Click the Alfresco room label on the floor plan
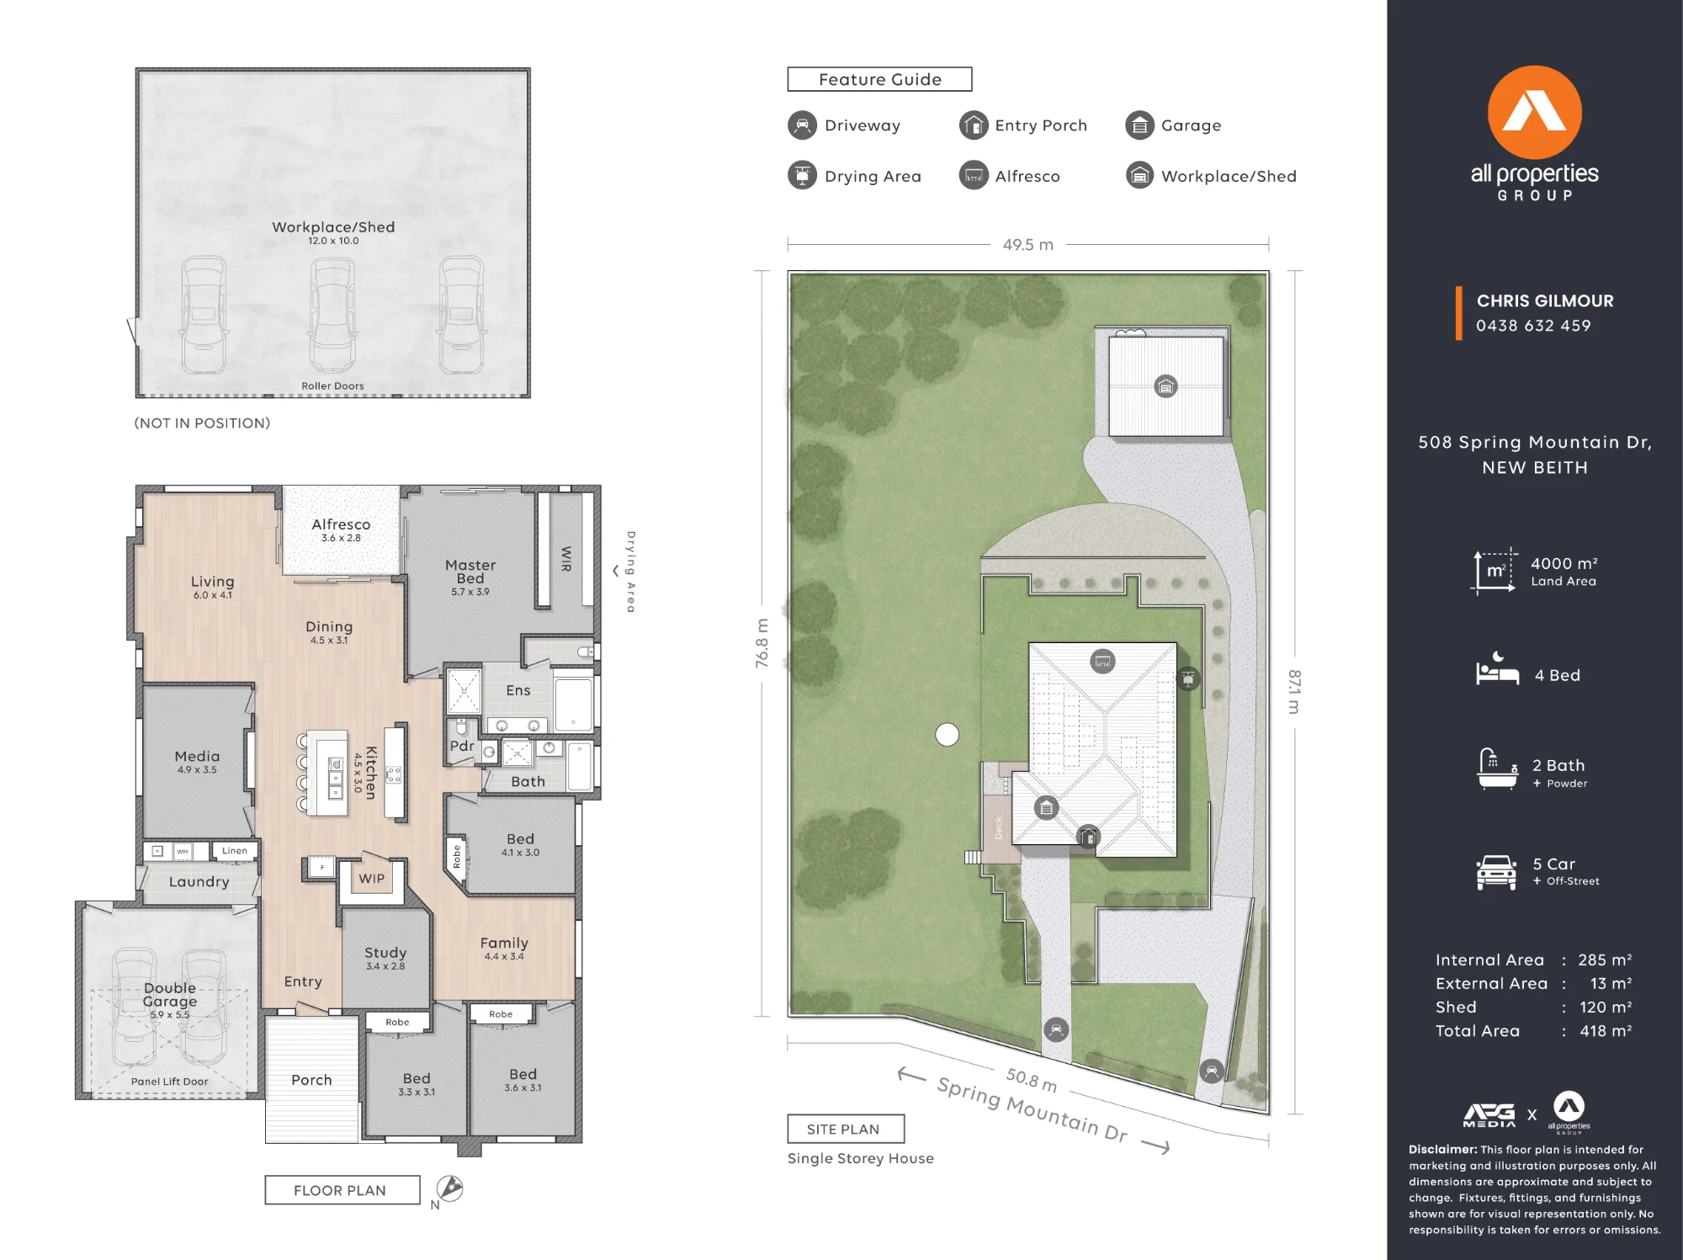(x=341, y=524)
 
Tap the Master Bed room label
(x=470, y=572)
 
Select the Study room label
(x=385, y=952)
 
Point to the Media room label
(x=197, y=756)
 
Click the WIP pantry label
(x=371, y=878)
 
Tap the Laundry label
(x=199, y=881)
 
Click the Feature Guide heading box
(x=879, y=79)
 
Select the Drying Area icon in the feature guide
(x=802, y=175)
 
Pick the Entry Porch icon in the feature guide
(x=974, y=125)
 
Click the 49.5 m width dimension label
(x=1027, y=244)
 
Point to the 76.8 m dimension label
(x=762, y=644)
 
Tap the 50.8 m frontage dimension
(x=1032, y=1079)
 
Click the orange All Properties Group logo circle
(x=1534, y=112)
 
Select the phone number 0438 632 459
(x=1533, y=326)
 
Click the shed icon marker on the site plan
(x=1165, y=386)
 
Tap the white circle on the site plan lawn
(x=947, y=735)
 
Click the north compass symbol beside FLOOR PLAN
(x=449, y=1188)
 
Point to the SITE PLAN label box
(x=846, y=1129)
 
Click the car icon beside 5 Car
(x=1495, y=872)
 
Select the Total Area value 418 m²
(x=1606, y=1030)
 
